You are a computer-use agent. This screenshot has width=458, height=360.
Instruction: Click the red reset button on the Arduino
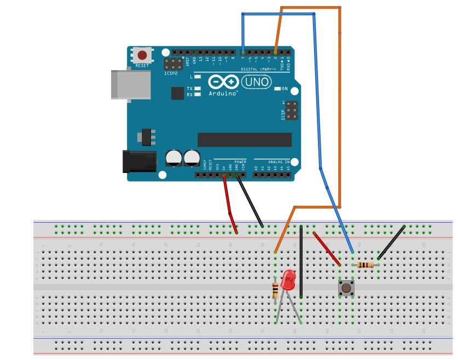(142, 55)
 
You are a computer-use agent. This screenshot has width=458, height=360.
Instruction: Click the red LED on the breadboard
(287, 281)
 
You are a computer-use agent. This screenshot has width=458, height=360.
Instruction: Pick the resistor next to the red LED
(275, 291)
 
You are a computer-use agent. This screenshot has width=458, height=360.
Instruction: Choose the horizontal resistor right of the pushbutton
(365, 265)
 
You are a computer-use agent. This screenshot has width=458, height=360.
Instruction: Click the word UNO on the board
(256, 82)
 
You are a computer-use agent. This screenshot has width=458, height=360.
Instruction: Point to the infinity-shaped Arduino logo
(223, 83)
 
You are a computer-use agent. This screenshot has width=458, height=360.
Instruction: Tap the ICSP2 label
(171, 73)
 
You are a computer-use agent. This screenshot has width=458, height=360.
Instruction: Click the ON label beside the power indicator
(285, 89)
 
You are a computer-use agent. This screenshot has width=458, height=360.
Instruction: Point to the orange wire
(340, 109)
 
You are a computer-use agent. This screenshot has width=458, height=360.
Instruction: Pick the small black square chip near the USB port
(177, 94)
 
